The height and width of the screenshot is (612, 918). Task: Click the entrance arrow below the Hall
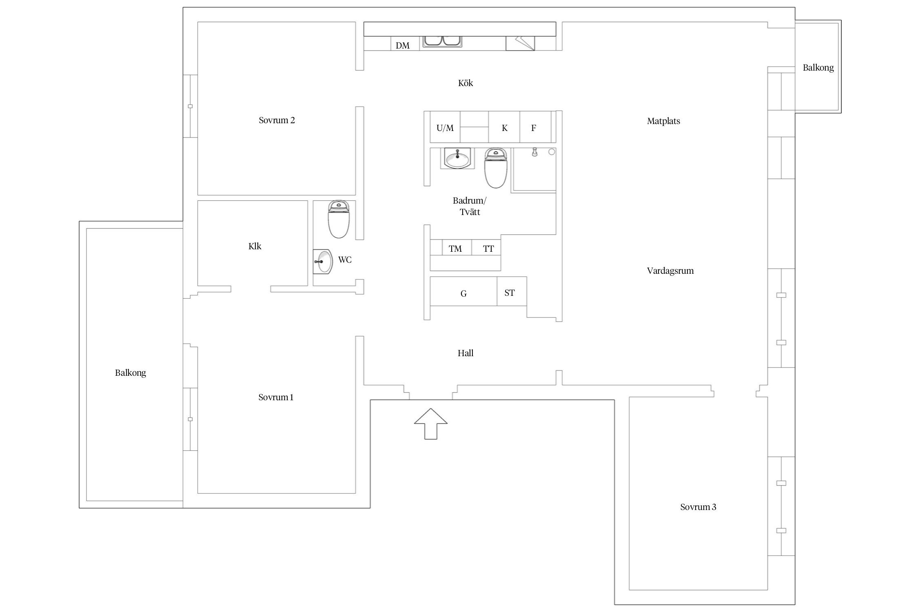coord(431,424)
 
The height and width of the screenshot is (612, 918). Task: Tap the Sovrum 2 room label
coord(277,120)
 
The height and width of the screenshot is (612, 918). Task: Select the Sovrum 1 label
coord(276,397)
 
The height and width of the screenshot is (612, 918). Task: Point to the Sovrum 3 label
coord(698,507)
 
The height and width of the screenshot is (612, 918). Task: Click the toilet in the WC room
coord(339,219)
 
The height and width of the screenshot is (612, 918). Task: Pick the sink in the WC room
coord(323,262)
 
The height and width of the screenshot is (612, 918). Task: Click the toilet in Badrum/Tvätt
coord(496,168)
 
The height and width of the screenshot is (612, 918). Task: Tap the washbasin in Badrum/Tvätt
coord(457,158)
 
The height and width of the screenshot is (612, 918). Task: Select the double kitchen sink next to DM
coord(442,41)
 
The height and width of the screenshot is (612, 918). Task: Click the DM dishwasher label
coord(403,46)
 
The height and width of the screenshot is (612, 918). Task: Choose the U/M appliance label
coord(445,128)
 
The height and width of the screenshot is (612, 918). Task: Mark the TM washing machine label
coord(455,249)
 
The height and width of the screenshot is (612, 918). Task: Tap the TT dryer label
coord(488,249)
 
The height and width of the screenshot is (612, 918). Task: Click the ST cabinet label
coord(510,293)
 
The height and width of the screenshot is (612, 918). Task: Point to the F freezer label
coord(533,128)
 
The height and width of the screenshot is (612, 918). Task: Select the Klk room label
coord(255,246)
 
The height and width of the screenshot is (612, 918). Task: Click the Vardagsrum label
coord(670,271)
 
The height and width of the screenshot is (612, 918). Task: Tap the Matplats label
coord(663,121)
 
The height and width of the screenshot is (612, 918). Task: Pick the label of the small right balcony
coord(818,68)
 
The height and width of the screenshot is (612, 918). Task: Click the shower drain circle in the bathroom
coord(552,152)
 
